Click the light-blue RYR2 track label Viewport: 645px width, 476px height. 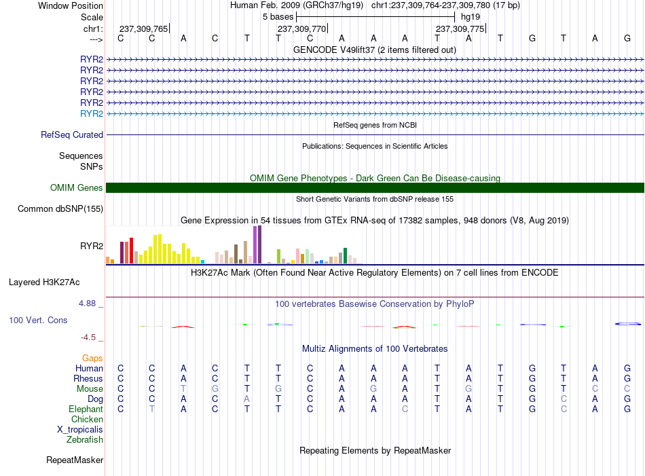[92, 113]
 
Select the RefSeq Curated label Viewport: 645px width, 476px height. [72, 135]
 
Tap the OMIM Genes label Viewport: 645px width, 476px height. [77, 188]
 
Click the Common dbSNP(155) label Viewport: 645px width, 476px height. [60, 209]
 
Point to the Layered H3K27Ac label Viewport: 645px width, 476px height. [44, 282]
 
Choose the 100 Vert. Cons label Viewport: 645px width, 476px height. [38, 320]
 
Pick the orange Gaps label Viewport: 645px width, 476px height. [92, 359]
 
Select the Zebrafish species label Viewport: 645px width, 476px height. [85, 440]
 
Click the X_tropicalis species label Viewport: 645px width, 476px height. [80, 430]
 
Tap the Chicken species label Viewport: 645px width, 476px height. [87, 419]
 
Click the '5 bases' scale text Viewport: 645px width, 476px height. [278, 17]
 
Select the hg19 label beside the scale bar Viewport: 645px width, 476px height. [471, 17]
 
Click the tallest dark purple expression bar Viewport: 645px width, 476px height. [259, 244]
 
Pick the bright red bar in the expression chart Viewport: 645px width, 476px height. [131, 251]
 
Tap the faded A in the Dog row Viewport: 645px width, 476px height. [247, 399]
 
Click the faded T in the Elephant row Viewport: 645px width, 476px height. [152, 409]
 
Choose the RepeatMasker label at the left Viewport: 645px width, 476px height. [75, 460]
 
